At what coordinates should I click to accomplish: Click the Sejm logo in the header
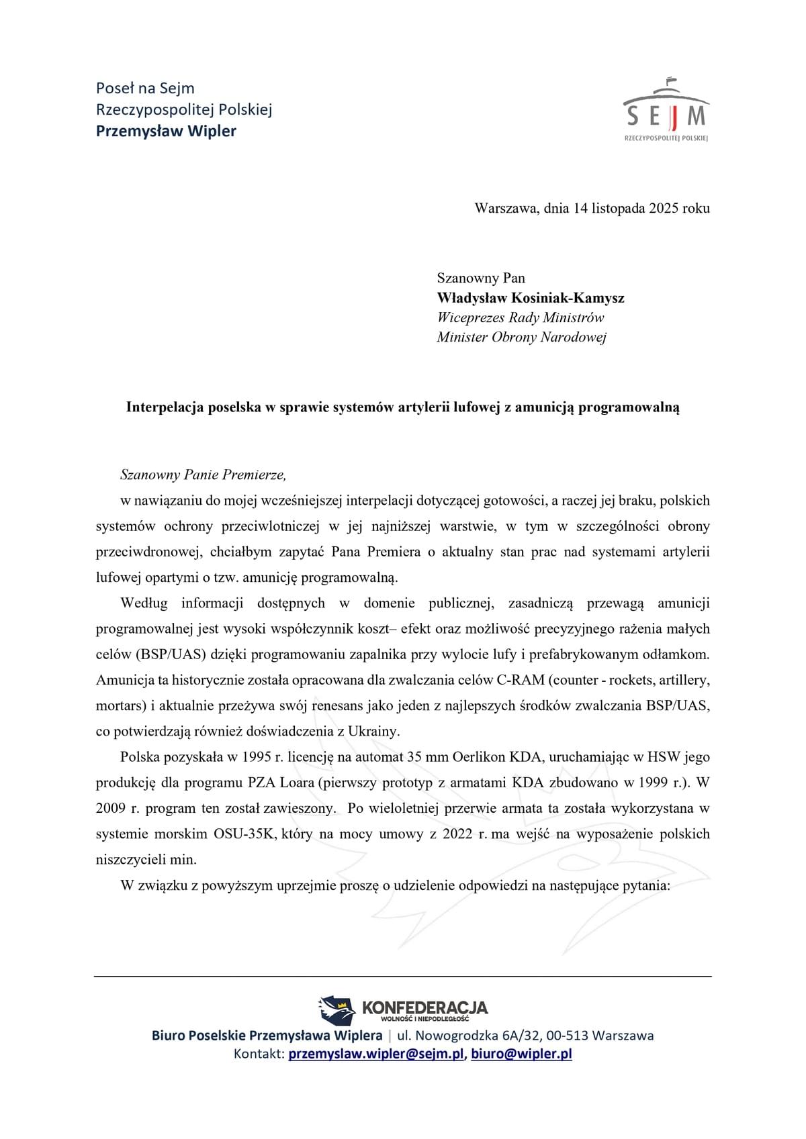coord(666,110)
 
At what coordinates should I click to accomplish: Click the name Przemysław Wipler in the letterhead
coord(166,131)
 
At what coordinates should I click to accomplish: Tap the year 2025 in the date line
coord(664,208)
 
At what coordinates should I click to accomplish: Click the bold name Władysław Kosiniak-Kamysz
coord(531,297)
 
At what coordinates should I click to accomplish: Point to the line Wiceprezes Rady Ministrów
coord(520,317)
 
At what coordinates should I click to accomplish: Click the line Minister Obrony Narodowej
coord(521,337)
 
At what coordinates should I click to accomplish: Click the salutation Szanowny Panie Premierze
coord(203,475)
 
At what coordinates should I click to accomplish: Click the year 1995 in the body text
coord(249,757)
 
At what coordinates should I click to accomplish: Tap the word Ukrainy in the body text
coord(374,732)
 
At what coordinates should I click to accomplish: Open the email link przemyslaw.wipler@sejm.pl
coord(376,1054)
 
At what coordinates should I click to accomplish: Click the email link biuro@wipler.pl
coord(521,1054)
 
